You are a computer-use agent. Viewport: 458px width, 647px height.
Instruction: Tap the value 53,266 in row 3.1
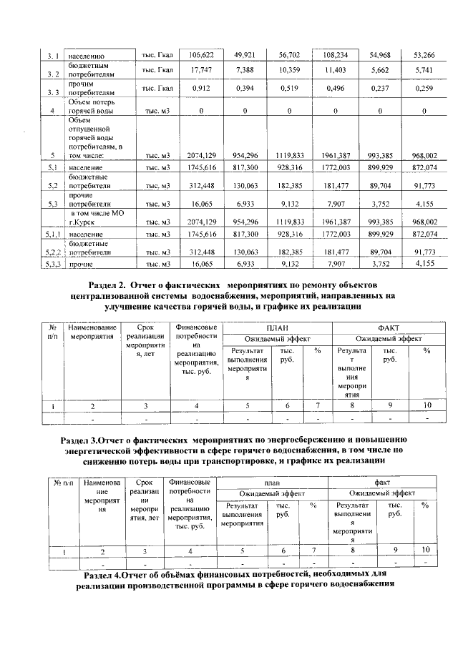click(x=424, y=55)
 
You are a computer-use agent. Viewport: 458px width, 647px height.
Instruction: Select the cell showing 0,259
click(x=424, y=89)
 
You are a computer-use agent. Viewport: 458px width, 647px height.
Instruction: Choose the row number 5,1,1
click(x=52, y=234)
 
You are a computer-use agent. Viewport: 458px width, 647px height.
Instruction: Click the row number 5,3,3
click(x=52, y=265)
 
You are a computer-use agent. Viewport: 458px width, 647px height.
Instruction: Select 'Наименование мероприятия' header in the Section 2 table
click(x=92, y=331)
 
